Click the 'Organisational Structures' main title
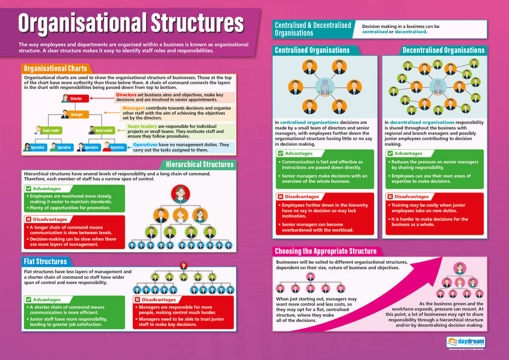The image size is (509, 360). [x=131, y=23]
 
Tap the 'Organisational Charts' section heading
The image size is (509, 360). [x=55, y=68]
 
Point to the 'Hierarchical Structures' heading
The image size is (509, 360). [x=200, y=164]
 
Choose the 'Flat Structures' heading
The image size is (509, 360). [x=45, y=261]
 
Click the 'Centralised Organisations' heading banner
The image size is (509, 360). [x=312, y=50]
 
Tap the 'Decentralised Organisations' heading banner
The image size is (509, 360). [x=443, y=50]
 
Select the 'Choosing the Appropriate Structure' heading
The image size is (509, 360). [x=326, y=251]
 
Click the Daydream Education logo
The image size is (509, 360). [x=466, y=342]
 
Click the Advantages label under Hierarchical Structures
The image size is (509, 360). [x=46, y=189]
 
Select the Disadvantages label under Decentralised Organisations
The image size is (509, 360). [x=411, y=197]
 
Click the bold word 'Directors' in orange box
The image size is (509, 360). [x=126, y=95]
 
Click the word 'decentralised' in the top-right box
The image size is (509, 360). [x=411, y=32]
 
